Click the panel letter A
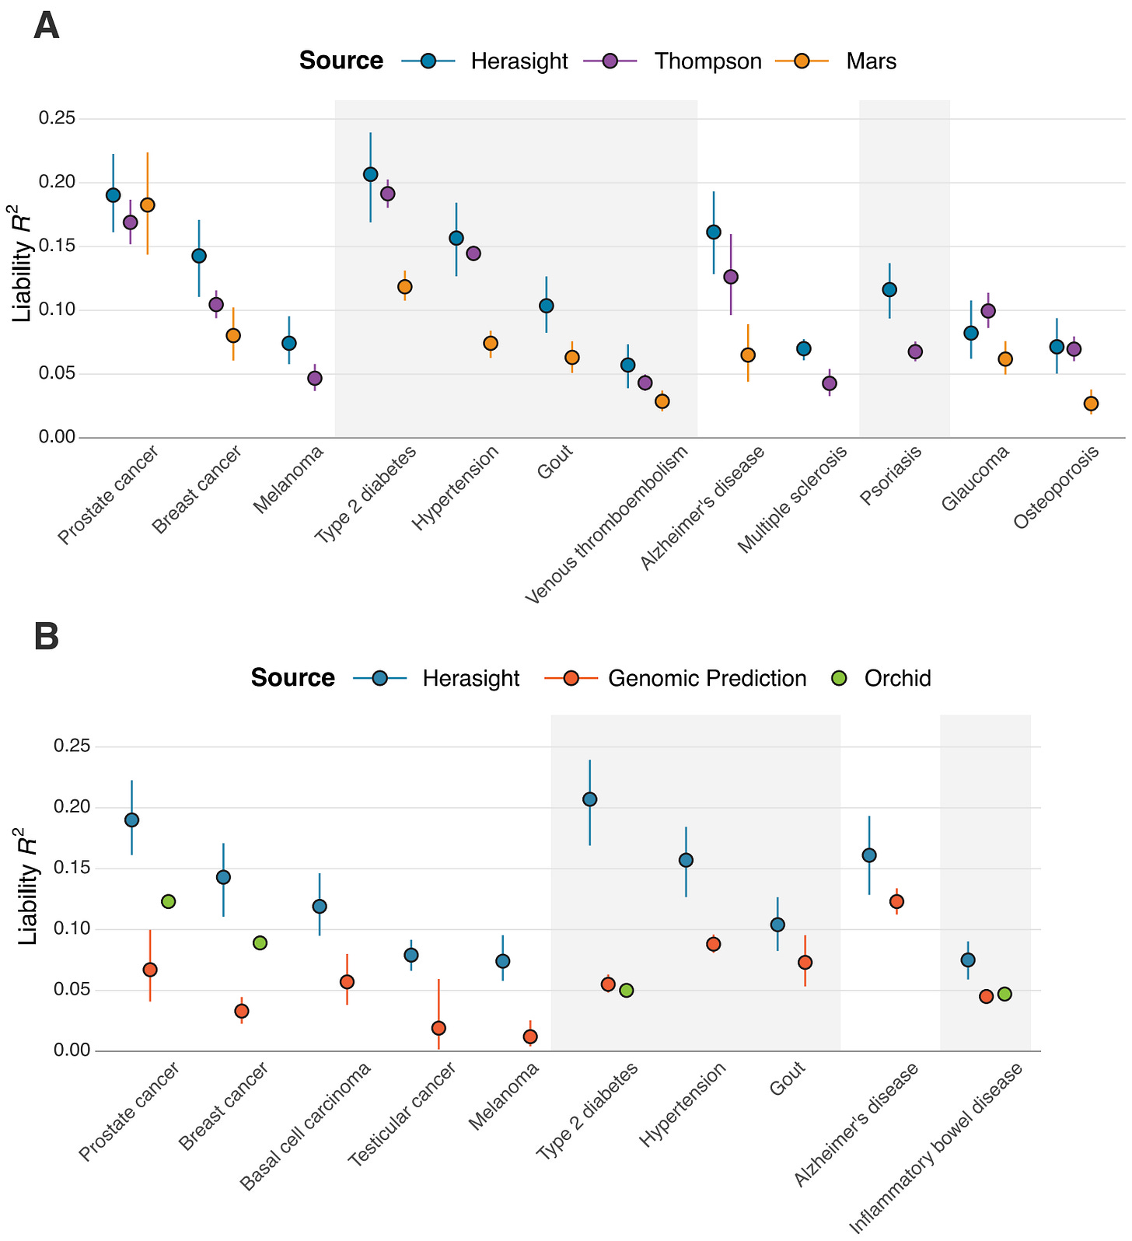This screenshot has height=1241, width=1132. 47,26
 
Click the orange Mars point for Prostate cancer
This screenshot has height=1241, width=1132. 148,205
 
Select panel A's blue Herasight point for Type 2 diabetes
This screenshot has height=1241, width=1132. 371,174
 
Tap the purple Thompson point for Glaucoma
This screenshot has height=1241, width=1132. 988,311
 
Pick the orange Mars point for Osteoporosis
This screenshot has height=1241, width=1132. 1091,404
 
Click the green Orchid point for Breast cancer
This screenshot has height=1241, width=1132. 260,942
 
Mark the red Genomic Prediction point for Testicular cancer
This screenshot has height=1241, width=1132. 438,1028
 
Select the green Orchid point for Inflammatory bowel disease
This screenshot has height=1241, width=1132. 1004,994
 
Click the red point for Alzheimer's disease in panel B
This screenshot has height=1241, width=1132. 896,901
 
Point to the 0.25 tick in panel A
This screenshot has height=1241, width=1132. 58,119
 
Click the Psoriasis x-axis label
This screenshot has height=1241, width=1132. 892,475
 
